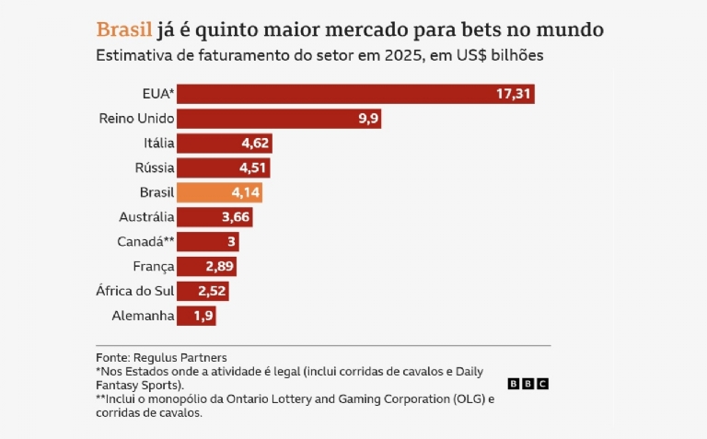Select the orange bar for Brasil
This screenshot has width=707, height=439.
click(219, 192)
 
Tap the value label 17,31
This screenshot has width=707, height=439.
click(513, 94)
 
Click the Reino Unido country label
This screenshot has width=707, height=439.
click(135, 119)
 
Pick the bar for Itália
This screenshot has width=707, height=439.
click(224, 144)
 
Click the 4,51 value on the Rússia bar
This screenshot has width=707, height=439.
click(253, 168)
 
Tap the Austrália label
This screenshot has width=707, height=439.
click(146, 217)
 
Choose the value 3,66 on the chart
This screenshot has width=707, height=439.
click(236, 217)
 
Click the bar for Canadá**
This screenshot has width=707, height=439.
click(208, 242)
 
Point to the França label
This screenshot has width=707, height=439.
click(153, 267)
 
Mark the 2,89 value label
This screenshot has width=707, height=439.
click(220, 267)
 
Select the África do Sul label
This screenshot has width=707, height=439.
click(134, 292)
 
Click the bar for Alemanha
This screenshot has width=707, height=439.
click(196, 317)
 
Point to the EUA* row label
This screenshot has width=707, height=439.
click(157, 94)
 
